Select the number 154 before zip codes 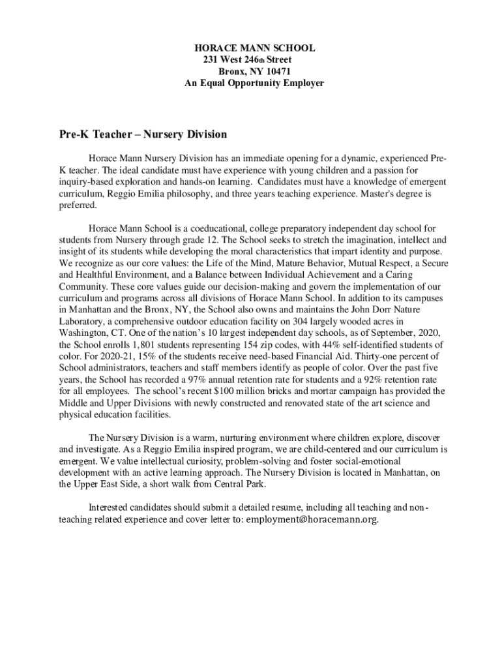coord(234,344)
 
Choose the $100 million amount coord(251,391)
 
